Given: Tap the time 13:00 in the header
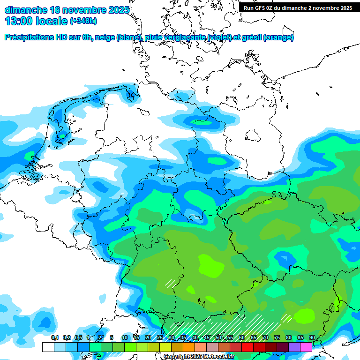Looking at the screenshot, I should (18, 21).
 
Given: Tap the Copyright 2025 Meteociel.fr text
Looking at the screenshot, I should (199, 357).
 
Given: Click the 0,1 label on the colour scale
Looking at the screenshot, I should (55, 338).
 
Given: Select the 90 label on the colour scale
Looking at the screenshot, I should (312, 338).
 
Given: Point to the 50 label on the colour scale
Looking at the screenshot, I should (218, 338).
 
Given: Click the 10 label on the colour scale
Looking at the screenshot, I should (125, 338).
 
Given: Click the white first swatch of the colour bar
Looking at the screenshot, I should (48, 347).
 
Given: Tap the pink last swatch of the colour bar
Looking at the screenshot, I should (306, 347).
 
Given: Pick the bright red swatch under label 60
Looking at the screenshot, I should (247, 347).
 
